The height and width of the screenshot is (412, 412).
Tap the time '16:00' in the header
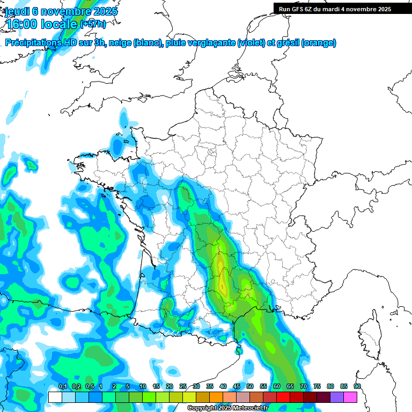[x=24, y=24]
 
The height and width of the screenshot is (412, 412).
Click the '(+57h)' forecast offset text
[x=93, y=25]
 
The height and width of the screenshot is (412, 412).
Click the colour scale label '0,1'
[x=62, y=387]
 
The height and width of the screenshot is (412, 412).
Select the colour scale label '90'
[x=357, y=387]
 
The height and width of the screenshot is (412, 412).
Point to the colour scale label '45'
[x=237, y=387]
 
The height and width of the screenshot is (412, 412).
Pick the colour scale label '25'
[x=183, y=387]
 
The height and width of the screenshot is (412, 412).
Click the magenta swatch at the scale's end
[x=350, y=397]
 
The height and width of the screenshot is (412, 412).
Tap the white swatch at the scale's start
[x=55, y=397]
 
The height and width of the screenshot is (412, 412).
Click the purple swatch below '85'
[x=337, y=397]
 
